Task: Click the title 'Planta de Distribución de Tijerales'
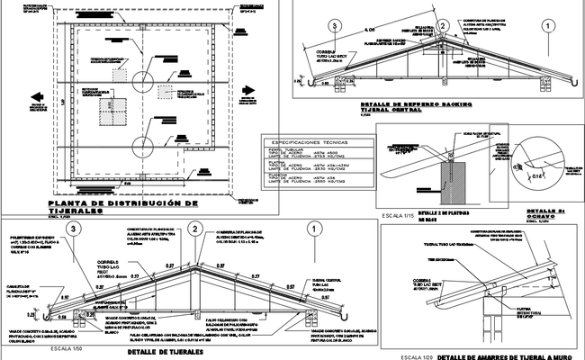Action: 121,209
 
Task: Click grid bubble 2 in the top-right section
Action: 443,26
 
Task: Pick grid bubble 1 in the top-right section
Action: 546,27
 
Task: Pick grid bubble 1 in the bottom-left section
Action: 312,229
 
